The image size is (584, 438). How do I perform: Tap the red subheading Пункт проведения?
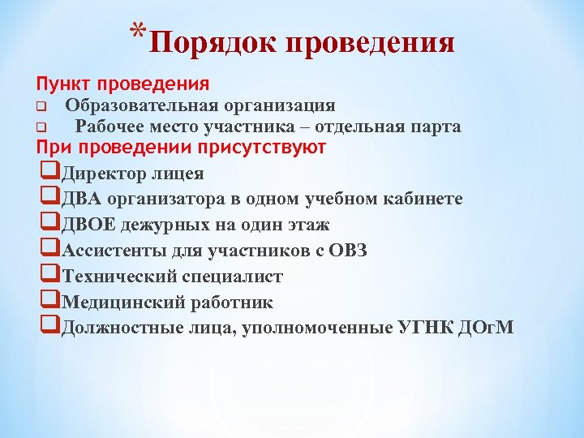tap(122, 84)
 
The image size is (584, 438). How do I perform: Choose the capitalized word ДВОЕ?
tap(88, 225)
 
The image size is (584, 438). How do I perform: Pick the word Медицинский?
tap(118, 303)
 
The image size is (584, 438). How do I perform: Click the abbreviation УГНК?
tap(427, 328)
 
